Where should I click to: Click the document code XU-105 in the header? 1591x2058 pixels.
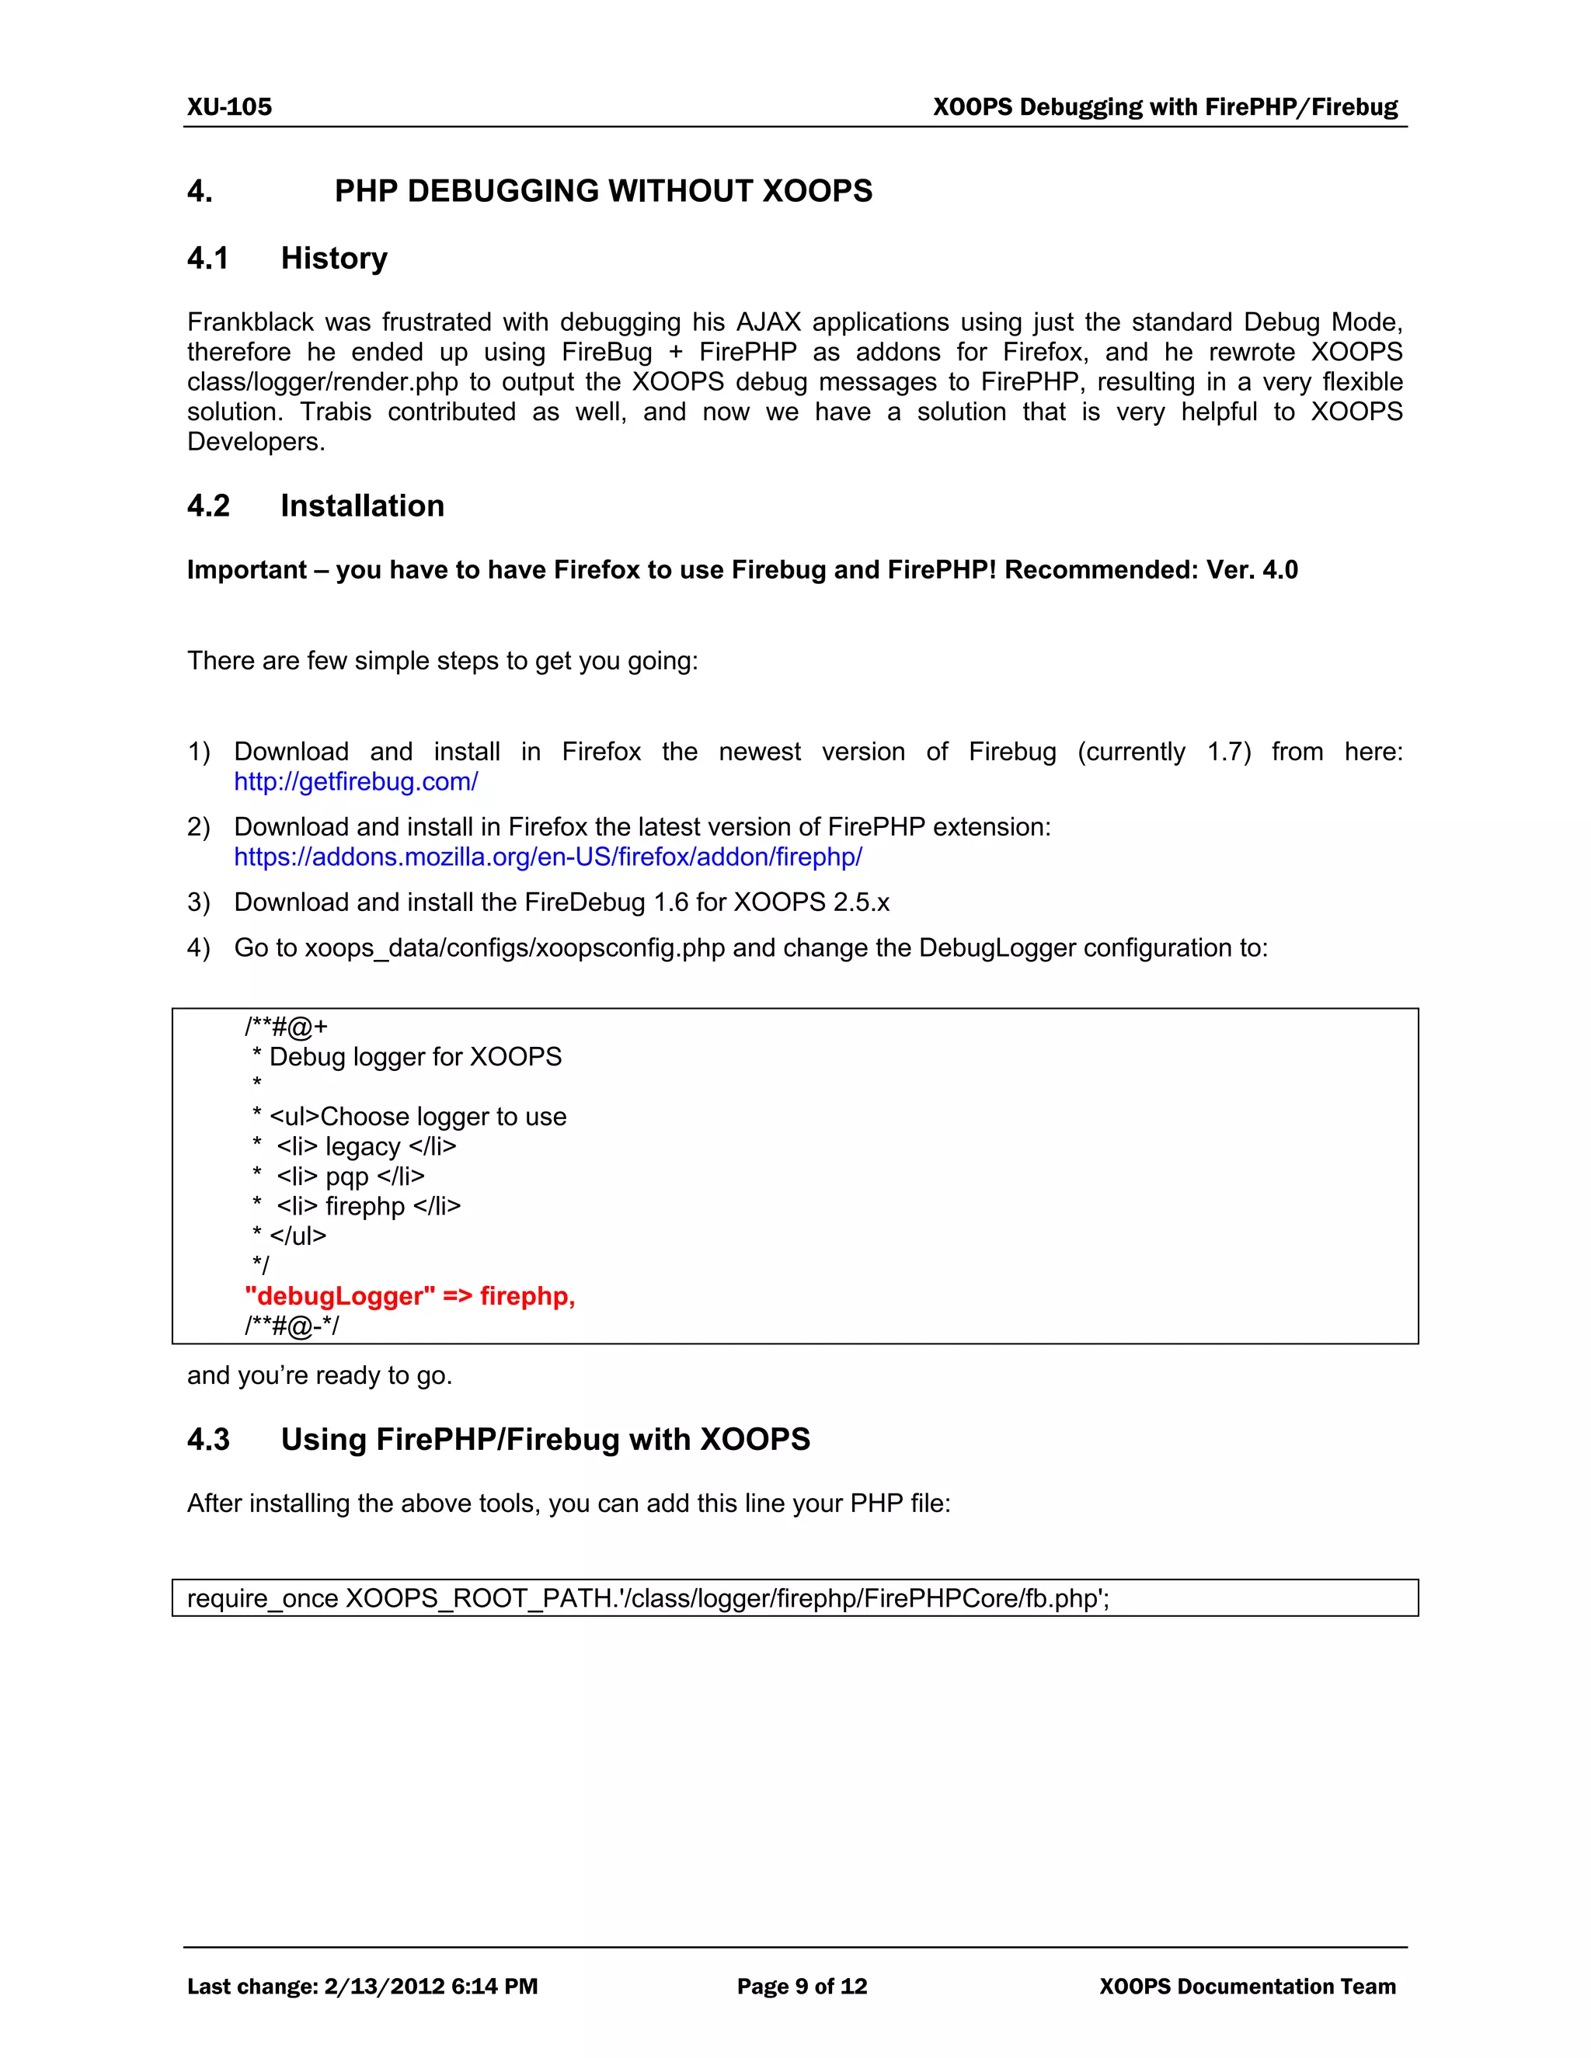(229, 106)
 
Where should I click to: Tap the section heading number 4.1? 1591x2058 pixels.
(208, 258)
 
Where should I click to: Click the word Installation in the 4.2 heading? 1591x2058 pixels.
(362, 506)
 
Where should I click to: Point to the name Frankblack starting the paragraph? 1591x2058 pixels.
(250, 322)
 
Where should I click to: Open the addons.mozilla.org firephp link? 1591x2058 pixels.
(548, 857)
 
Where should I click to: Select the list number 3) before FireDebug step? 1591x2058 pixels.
(198, 902)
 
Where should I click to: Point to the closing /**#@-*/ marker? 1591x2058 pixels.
(291, 1326)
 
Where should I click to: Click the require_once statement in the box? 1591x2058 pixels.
(648, 1598)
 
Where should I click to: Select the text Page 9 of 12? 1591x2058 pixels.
(801, 1987)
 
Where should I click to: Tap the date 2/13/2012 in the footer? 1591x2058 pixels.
(384, 1987)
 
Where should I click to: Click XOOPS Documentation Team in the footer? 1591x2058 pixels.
(1247, 1987)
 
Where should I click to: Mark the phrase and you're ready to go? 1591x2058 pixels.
(319, 1376)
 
